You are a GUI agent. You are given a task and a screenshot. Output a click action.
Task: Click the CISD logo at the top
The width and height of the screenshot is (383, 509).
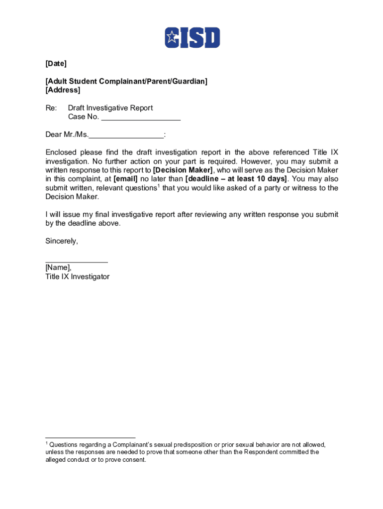coord(192,37)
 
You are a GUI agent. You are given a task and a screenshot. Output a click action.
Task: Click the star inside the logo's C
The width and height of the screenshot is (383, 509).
coord(172,37)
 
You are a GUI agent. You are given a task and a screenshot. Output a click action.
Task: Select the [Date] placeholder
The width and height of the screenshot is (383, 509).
coord(56,64)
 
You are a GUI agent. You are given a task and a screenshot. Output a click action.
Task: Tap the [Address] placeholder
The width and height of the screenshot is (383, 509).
coord(63,90)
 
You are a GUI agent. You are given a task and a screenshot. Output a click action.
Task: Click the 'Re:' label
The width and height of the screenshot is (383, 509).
coord(51,108)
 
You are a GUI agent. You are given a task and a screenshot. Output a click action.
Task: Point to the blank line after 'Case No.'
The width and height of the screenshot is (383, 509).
coord(140,117)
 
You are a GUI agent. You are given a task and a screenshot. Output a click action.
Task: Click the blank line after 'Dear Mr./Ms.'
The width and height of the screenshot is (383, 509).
coord(126,135)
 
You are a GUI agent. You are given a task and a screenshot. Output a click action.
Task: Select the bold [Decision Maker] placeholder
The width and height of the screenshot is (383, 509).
coord(184,170)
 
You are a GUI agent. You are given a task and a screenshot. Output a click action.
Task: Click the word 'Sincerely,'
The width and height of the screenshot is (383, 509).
coord(62,241)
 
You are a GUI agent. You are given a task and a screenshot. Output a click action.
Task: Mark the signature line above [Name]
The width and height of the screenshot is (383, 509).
coord(77,261)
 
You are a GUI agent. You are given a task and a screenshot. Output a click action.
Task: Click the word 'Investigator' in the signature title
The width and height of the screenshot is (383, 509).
coord(90,277)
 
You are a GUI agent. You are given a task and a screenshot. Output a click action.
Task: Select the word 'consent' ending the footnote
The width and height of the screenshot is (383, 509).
coord(134,460)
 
